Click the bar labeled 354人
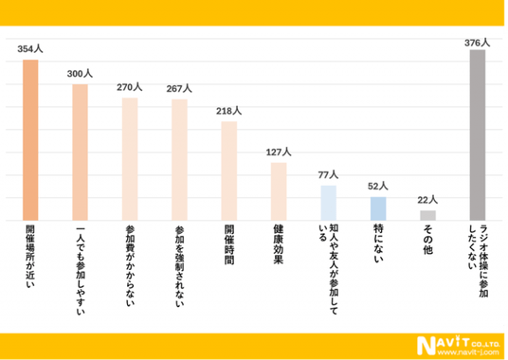30,140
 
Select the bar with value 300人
80,153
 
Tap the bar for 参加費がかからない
130,159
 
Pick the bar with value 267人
179,160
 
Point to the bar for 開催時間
229,171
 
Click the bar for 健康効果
279,191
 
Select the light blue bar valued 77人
329,203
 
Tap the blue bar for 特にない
378,208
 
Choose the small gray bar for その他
427,216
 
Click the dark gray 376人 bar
478,135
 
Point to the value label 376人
478,43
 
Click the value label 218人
228,111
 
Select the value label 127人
279,152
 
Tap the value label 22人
427,200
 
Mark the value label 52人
378,186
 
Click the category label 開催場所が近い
30,257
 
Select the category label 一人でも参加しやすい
80,271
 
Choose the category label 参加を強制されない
179,266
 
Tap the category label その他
427,240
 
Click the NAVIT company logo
458,346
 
